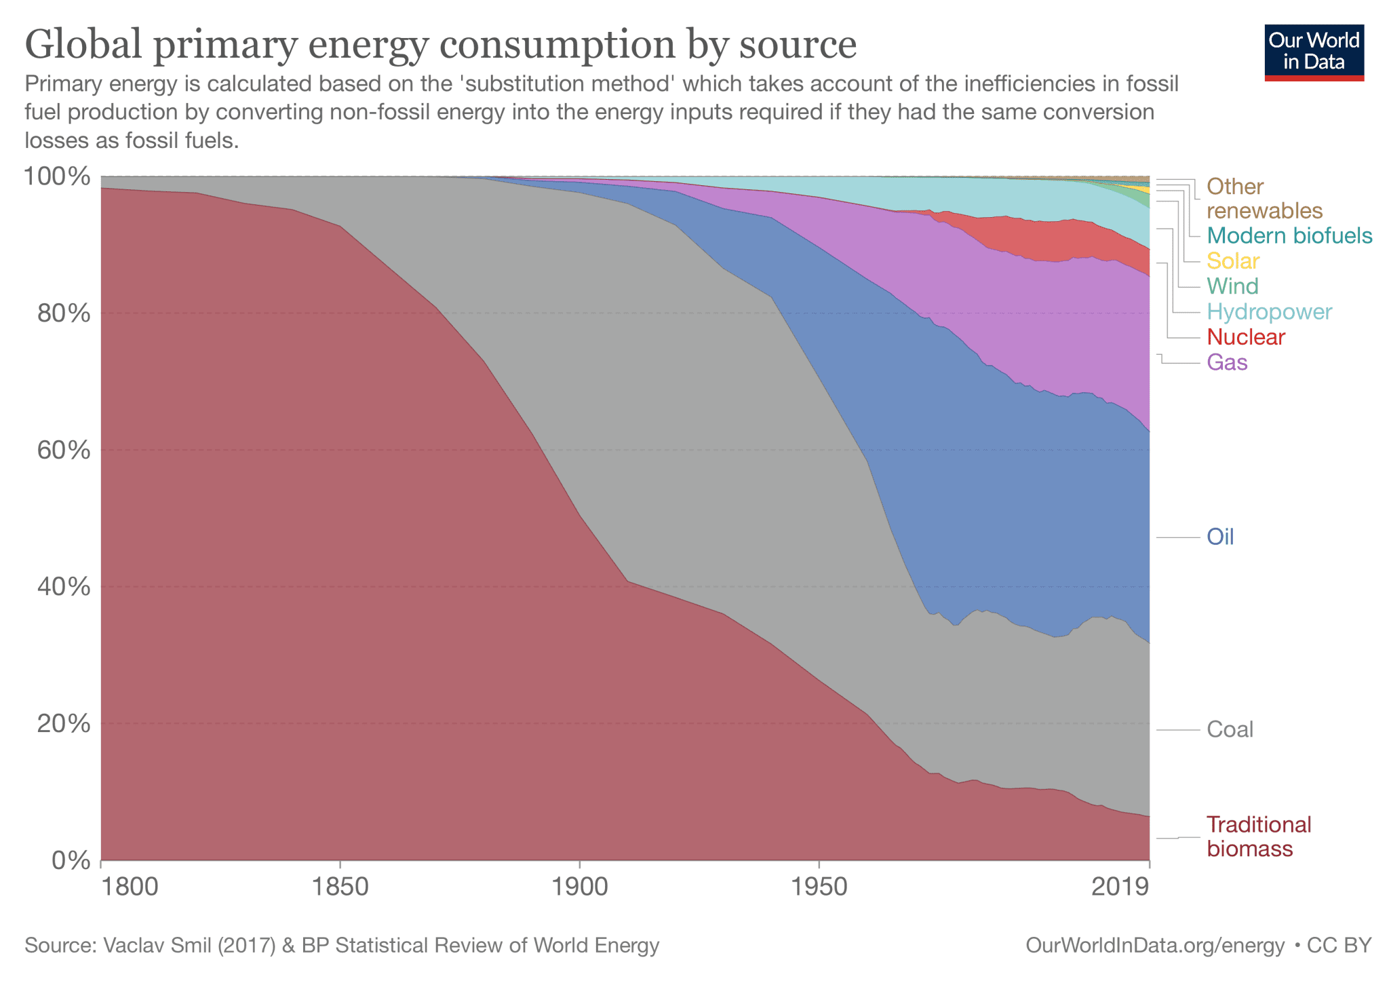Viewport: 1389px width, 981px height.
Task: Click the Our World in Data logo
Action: [1314, 52]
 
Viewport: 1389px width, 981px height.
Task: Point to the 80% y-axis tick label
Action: [62, 313]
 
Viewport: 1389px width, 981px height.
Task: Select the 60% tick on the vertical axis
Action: [62, 450]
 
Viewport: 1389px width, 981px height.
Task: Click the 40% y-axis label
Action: [62, 587]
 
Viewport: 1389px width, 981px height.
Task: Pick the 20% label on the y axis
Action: [62, 724]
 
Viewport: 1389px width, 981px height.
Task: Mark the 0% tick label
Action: [71, 861]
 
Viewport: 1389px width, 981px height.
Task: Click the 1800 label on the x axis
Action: [129, 887]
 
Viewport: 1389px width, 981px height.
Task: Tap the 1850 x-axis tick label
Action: [340, 887]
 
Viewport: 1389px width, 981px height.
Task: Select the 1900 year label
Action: [579, 887]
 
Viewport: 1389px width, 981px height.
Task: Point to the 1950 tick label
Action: [819, 887]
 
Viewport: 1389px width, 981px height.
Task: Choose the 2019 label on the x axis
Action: [1120, 887]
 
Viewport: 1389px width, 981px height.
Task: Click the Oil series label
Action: [1220, 537]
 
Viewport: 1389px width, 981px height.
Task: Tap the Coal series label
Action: [1230, 729]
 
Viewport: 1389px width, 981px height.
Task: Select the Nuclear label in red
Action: [1246, 337]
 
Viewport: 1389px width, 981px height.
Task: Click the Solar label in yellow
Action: [1233, 261]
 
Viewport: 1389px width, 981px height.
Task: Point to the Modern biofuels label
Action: [1289, 236]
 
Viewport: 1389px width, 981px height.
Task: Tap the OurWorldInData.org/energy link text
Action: [1155, 945]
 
